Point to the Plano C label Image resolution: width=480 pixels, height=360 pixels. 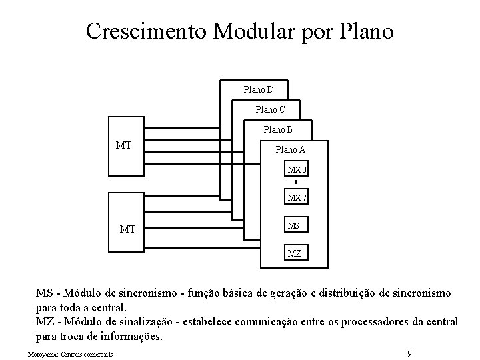(270, 109)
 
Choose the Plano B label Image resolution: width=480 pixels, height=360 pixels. (278, 129)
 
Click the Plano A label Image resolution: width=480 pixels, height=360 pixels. (291, 150)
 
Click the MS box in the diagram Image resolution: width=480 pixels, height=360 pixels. (294, 226)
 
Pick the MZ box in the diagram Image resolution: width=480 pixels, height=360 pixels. (294, 253)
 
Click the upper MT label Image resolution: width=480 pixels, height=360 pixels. (124, 144)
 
